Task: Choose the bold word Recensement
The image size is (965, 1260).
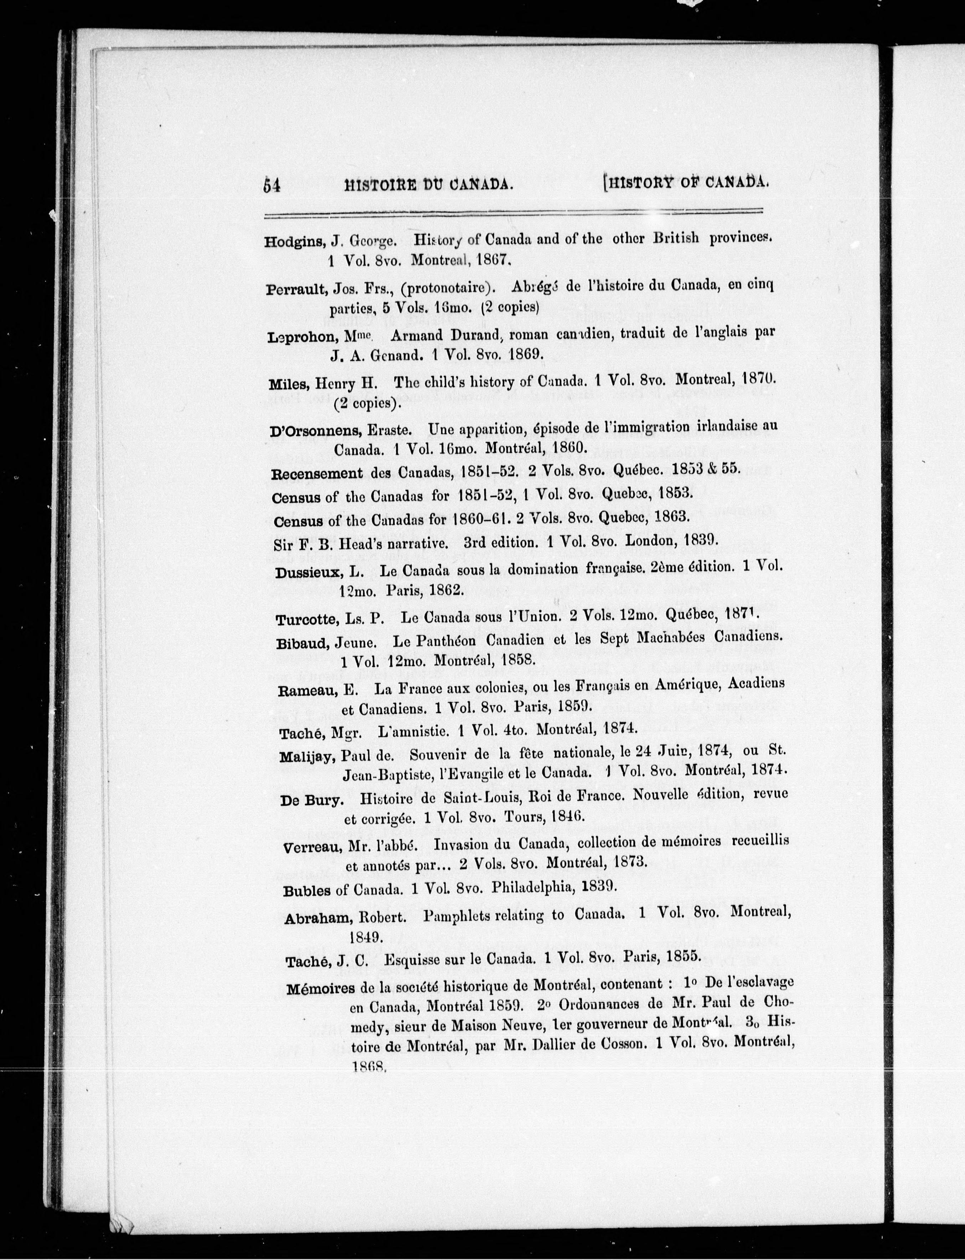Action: (316, 474)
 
